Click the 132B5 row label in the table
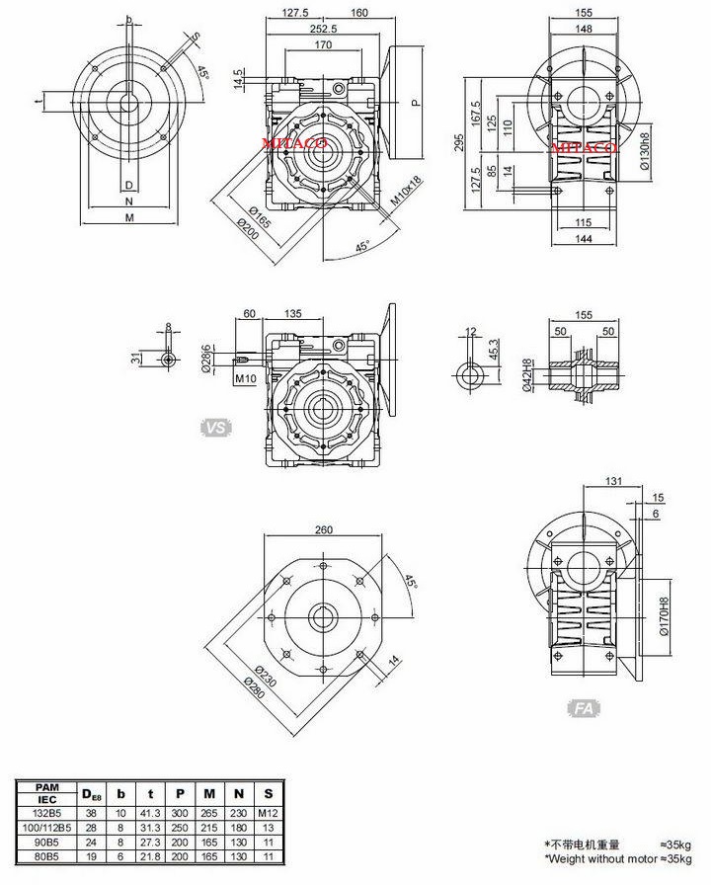click(40, 808)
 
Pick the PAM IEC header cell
click(40, 791)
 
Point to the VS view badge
click(215, 428)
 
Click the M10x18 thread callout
click(405, 191)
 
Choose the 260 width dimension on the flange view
click(323, 530)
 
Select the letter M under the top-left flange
click(128, 217)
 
